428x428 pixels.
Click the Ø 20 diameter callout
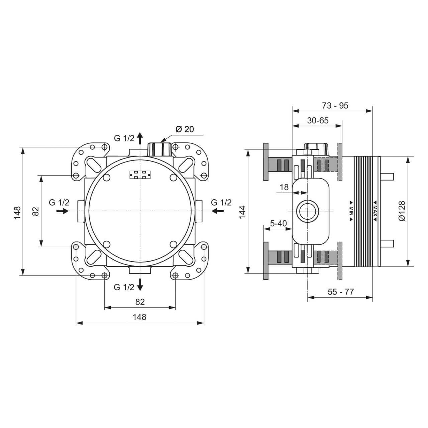pyautogui.click(x=184, y=129)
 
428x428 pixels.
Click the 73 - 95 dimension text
pyautogui.click(x=335, y=105)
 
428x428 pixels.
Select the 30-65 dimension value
pyautogui.click(x=318, y=120)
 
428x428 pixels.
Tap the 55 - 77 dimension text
pyautogui.click(x=340, y=292)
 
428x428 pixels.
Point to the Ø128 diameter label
pyautogui.click(x=401, y=211)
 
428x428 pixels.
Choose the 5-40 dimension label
pyautogui.click(x=278, y=223)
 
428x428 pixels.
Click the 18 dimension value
pyautogui.click(x=284, y=187)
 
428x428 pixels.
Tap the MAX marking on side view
pyautogui.click(x=375, y=211)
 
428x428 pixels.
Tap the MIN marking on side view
pyautogui.click(x=351, y=211)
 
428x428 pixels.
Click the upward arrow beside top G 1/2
pyautogui.click(x=140, y=137)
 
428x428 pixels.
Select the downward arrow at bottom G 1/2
pyautogui.click(x=140, y=284)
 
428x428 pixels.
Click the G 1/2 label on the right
pyautogui.click(x=221, y=203)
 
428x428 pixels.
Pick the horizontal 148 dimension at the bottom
pyautogui.click(x=140, y=317)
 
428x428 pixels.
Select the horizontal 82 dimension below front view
pyautogui.click(x=140, y=302)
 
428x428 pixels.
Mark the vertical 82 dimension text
pyautogui.click(x=36, y=211)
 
